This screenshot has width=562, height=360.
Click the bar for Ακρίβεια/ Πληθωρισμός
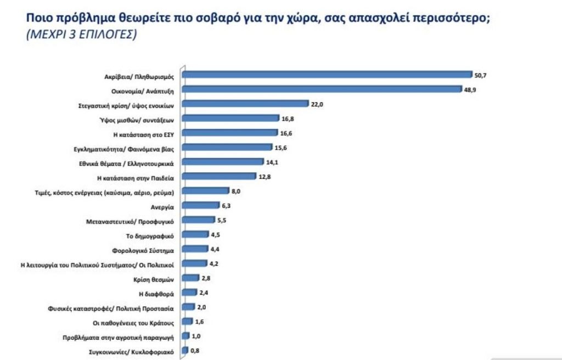[327, 74]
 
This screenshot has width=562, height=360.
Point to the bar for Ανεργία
[193, 205]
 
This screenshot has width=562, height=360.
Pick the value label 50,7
[481, 75]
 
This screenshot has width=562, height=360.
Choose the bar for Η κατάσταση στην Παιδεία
[219, 176]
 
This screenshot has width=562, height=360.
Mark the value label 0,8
[195, 351]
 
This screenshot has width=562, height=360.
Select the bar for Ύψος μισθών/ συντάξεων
[231, 118]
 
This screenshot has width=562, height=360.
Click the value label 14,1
[272, 162]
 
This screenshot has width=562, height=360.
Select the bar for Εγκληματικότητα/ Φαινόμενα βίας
[227, 147]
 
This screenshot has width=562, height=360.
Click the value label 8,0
[236, 191]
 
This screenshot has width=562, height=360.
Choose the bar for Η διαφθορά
[189, 292]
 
